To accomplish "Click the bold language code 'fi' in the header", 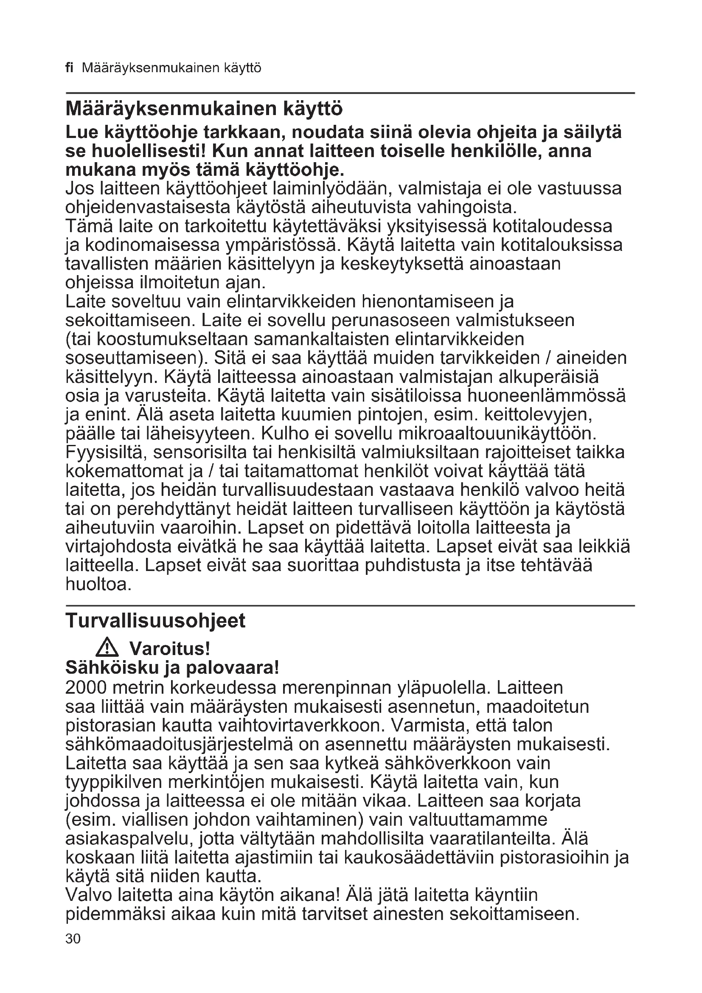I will coord(70,68).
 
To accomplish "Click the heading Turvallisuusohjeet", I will coord(155,621).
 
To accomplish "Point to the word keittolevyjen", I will coord(538,415).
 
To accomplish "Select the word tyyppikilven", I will coord(114,782).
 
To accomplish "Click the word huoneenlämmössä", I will coord(547,396).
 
